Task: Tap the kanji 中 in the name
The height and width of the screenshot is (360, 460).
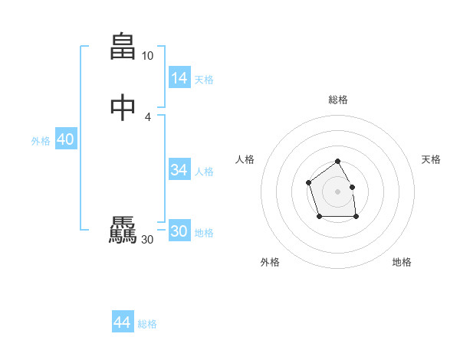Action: (123, 107)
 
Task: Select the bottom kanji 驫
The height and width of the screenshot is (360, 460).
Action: (123, 231)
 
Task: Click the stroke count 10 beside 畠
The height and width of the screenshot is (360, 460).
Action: (147, 56)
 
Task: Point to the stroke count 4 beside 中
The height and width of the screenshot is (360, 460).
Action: (148, 116)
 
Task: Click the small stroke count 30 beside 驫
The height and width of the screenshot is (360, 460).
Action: (147, 240)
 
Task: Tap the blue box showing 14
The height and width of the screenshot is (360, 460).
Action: (179, 78)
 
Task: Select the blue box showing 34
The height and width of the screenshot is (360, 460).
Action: (179, 170)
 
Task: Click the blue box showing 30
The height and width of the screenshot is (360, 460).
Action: (179, 231)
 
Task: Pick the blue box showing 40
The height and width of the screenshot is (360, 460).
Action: (65, 139)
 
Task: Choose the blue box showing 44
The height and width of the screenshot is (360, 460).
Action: (123, 322)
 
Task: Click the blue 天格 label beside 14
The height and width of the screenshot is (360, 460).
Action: (204, 80)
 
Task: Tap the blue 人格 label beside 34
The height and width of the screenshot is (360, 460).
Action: (204, 172)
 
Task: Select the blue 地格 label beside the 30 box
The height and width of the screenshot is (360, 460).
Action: (204, 233)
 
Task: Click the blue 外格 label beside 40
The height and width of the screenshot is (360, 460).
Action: (41, 141)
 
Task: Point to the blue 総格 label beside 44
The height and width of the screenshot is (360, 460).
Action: (147, 324)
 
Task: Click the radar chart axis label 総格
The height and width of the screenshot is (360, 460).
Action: (338, 100)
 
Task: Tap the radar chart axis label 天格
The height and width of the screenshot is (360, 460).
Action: (431, 159)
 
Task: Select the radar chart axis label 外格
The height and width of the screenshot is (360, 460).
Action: (270, 262)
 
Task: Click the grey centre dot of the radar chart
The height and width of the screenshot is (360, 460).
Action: (337, 191)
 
